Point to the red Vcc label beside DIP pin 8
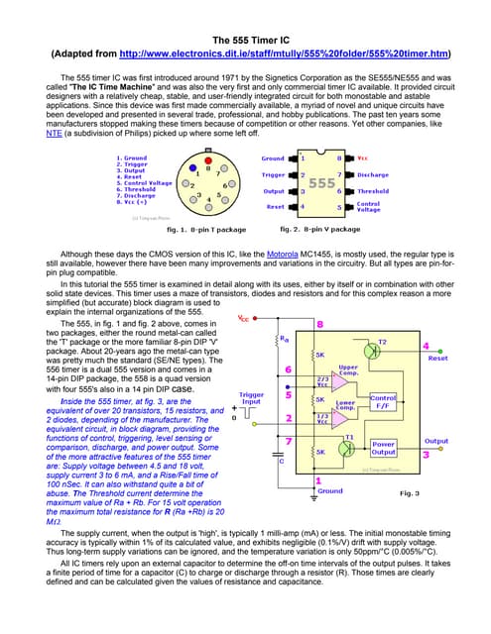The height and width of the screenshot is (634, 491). (363, 158)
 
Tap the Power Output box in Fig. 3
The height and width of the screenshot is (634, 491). (383, 450)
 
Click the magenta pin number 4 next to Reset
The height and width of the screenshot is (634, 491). (427, 347)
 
